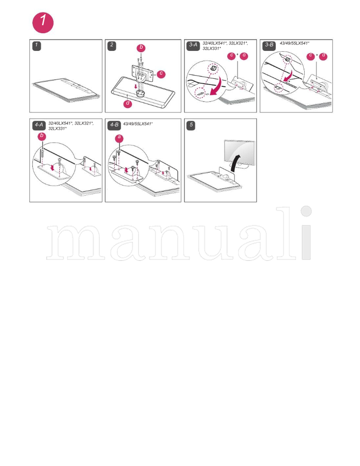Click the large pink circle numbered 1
point(43,23)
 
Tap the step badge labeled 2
point(112,45)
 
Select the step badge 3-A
point(193,45)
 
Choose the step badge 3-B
point(269,45)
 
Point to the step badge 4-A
point(39,125)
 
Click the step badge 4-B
point(114,125)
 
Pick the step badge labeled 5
point(191,125)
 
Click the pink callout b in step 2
point(141,47)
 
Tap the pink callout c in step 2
point(161,73)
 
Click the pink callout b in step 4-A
point(42,135)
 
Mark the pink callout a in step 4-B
point(119,138)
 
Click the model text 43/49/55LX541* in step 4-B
point(138,123)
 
